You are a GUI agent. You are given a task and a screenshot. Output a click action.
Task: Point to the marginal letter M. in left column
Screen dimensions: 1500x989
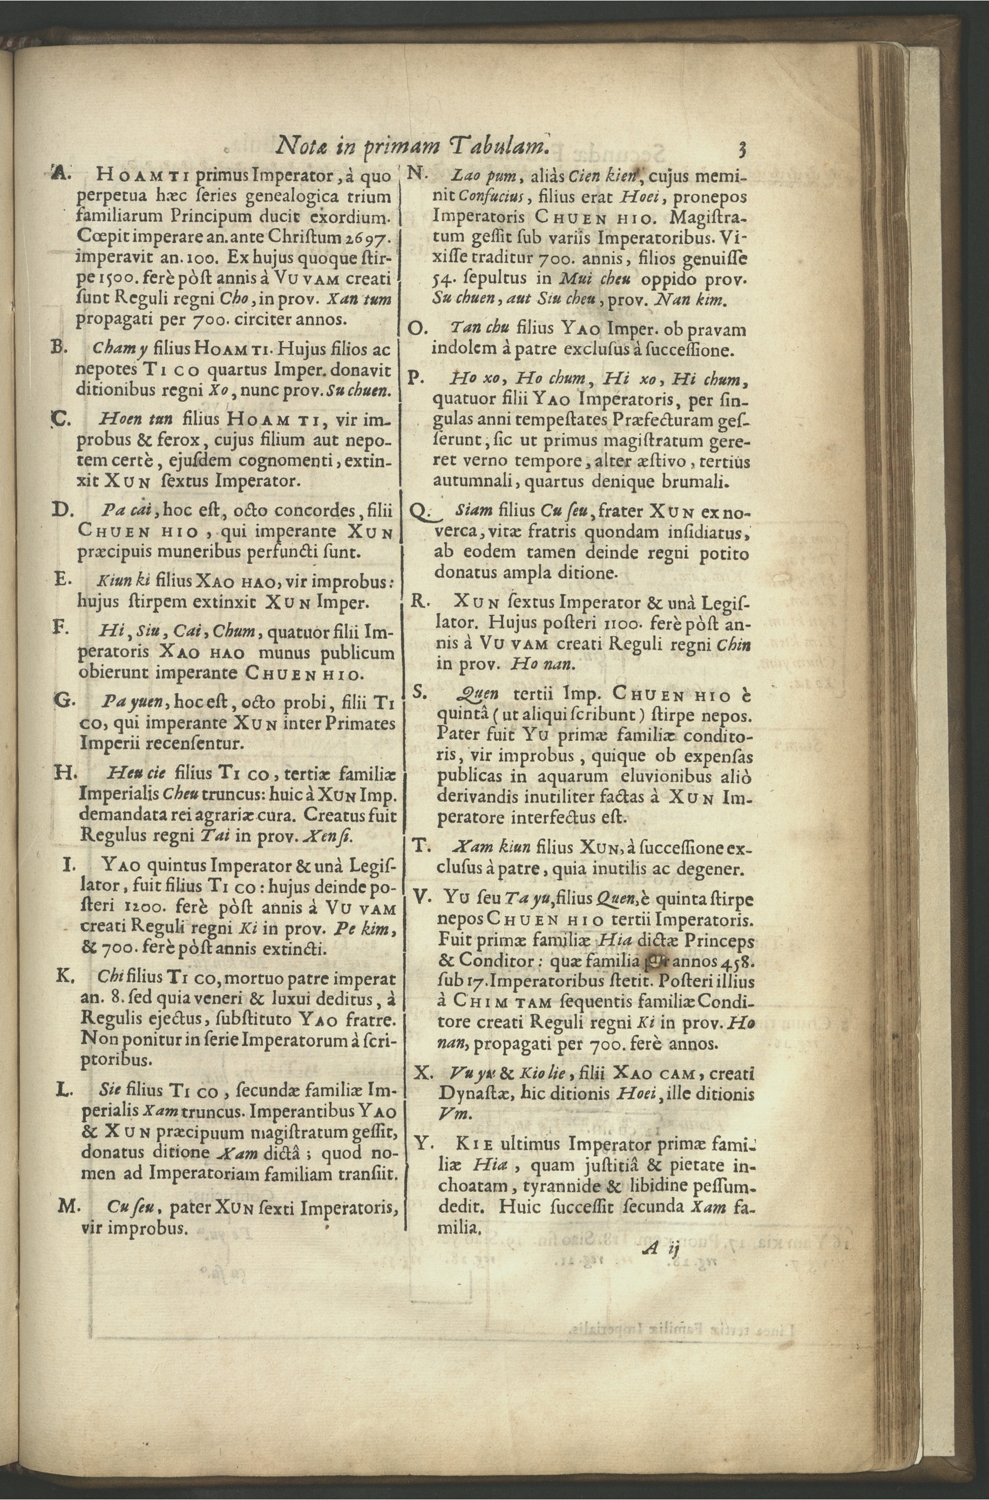pos(67,1206)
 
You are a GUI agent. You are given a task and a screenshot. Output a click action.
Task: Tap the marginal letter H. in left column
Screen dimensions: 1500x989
pos(65,772)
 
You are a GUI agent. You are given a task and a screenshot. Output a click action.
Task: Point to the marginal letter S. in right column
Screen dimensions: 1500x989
pos(419,692)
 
